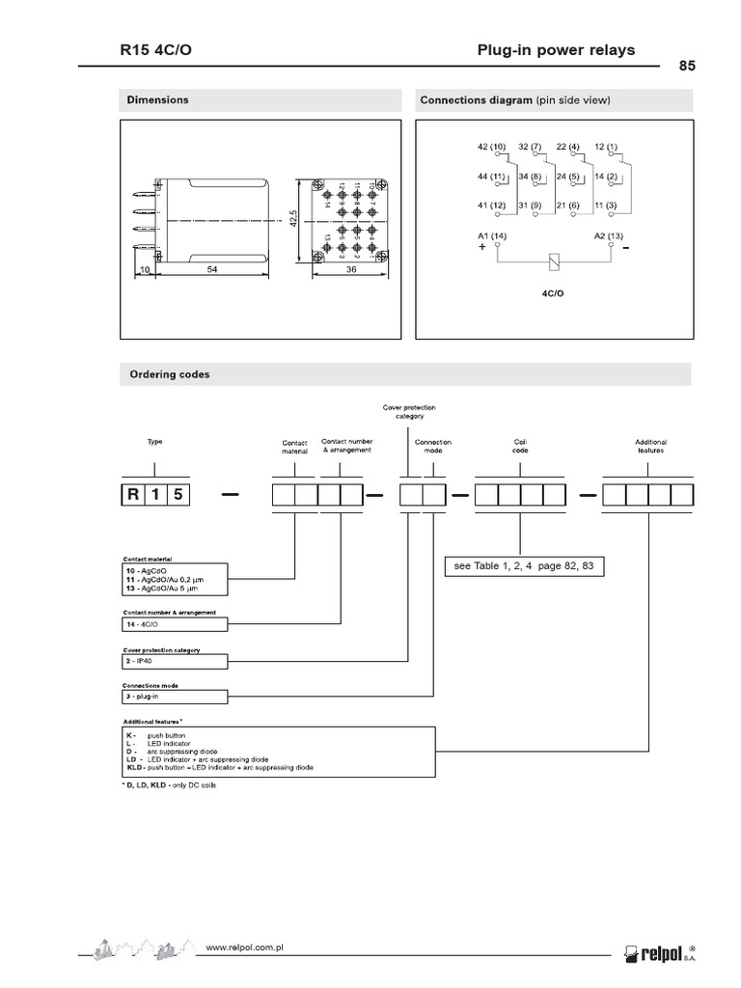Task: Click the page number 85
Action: pos(687,67)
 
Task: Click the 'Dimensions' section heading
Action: pos(157,100)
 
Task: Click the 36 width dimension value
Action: pos(351,271)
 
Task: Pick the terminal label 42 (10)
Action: pos(491,147)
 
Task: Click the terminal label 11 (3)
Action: pos(606,206)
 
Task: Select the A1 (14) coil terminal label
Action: pos(491,234)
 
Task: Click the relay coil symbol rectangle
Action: pos(553,260)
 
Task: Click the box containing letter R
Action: pos(131,496)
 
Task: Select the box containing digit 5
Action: pos(178,496)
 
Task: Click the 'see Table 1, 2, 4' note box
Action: pos(525,566)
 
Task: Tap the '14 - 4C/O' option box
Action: pos(174,625)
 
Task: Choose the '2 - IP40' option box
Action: pos(174,662)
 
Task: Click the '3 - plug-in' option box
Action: pos(174,697)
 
